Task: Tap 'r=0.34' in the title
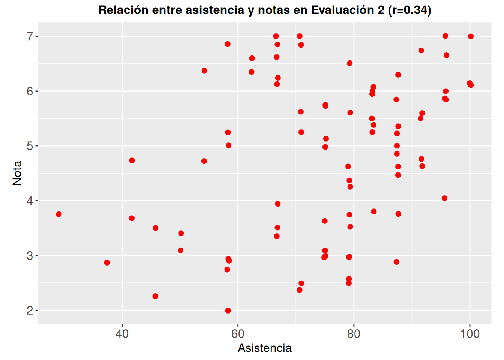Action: [410, 10]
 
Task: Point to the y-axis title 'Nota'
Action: [17, 173]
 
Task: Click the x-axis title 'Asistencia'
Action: [265, 348]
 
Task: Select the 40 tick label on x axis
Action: [122, 334]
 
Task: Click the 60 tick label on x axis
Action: [238, 334]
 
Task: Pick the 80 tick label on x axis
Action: [354, 334]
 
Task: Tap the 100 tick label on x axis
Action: [469, 334]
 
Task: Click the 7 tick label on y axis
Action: [30, 36]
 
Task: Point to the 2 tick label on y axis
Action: [30, 310]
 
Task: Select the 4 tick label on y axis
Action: [30, 201]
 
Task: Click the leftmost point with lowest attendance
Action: [59, 214]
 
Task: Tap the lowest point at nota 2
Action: [228, 310]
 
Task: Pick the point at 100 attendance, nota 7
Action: [471, 36]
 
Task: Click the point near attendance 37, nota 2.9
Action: [107, 262]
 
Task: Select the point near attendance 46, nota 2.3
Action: [155, 296]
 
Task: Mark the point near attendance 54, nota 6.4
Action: [204, 70]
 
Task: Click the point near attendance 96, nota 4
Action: [444, 198]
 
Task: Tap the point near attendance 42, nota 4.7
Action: [132, 160]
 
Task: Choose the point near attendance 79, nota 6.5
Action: [349, 63]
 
